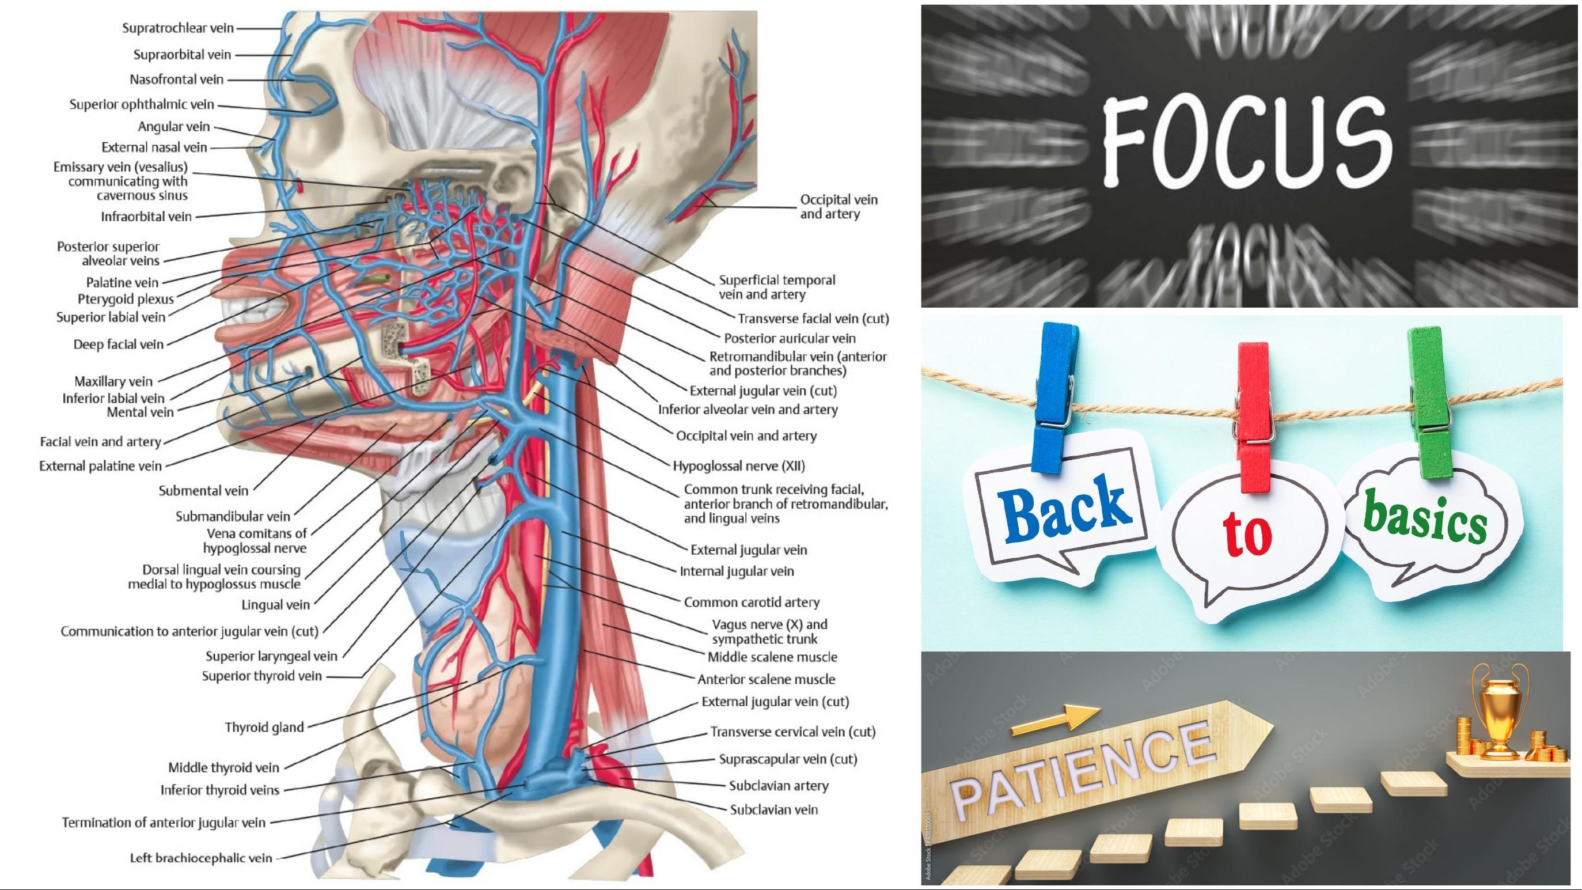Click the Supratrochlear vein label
coord(178,28)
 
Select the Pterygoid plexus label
coord(126,299)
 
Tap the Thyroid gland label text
coord(264,727)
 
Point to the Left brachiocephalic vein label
coord(201,858)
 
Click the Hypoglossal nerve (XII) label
coord(739,465)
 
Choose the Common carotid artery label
coord(752,602)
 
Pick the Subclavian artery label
coord(779,786)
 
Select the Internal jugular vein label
coord(737,571)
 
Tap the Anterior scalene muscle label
coord(767,679)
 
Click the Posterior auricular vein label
coord(790,338)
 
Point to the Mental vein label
coord(141,412)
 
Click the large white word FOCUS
coord(1247,142)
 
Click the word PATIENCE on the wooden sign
coord(1081,772)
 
